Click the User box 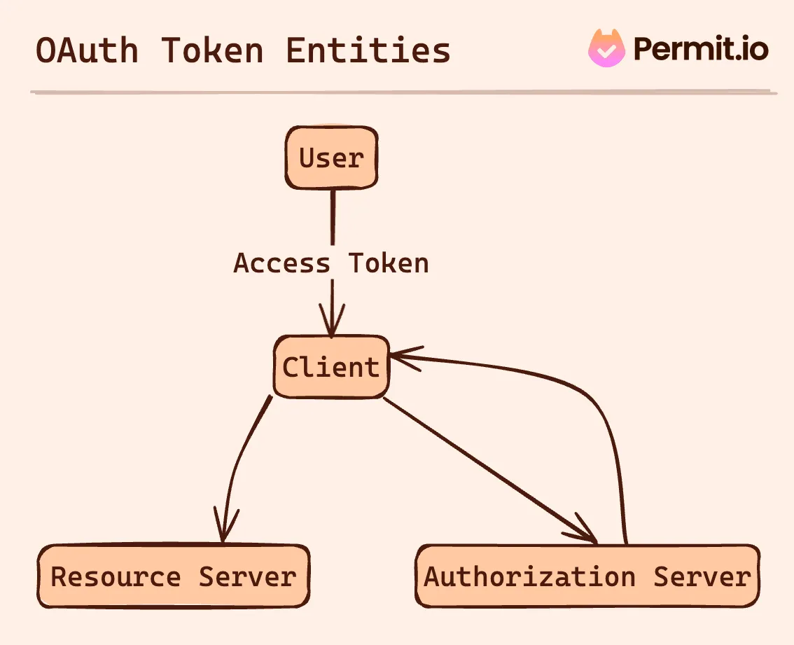click(x=331, y=158)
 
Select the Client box click(x=330, y=367)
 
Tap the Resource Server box click(x=173, y=576)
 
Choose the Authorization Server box click(x=587, y=576)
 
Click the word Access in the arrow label click(x=281, y=263)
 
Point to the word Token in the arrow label click(x=389, y=263)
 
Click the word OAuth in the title click(x=87, y=51)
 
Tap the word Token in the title click(x=212, y=51)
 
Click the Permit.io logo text click(x=701, y=49)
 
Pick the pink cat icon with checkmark click(x=606, y=49)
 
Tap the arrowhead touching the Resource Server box click(x=223, y=529)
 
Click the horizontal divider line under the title click(x=403, y=92)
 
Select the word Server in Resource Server click(x=247, y=576)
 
